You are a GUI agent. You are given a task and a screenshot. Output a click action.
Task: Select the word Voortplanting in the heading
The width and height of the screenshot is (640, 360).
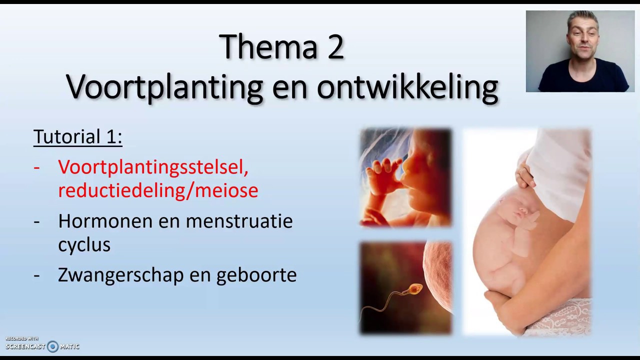pos(164,87)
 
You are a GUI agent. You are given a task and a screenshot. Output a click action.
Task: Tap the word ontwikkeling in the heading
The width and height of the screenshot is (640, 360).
pos(407,87)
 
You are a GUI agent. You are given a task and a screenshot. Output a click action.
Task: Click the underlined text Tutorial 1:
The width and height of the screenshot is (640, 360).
pos(77,136)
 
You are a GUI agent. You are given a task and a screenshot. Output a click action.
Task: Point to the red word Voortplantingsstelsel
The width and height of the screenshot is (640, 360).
pos(153,167)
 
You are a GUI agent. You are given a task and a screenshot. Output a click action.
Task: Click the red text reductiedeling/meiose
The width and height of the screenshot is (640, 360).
pos(158,190)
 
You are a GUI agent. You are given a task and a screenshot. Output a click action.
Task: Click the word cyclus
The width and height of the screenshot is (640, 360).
pos(84,244)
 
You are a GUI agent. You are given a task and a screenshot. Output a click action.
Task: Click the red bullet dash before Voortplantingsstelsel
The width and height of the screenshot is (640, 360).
pos(36,167)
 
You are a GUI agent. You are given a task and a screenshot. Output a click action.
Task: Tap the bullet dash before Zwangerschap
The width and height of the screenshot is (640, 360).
pos(36,275)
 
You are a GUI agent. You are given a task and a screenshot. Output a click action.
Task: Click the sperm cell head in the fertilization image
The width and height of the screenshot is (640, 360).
pos(416,288)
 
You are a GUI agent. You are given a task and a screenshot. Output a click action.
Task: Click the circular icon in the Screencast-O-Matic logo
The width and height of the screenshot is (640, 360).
pos(52,346)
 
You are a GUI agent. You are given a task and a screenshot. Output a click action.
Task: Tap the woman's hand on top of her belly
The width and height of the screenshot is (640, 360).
pos(523,172)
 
